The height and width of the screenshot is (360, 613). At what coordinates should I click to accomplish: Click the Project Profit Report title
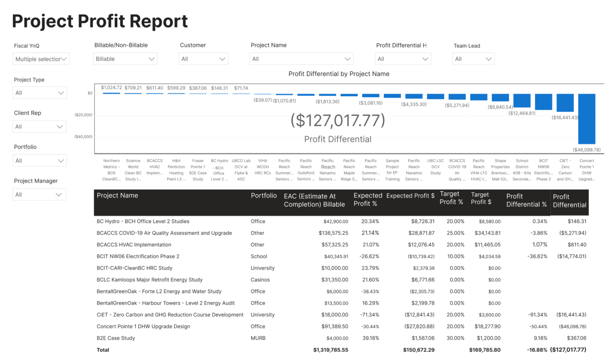pos(100,22)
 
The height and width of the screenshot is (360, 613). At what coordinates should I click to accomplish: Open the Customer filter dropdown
pos(203,59)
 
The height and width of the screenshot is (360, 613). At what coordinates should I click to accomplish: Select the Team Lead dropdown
pos(473,59)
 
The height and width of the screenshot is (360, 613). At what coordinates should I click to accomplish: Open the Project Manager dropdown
pos(39,195)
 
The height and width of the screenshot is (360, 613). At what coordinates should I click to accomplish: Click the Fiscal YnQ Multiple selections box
pos(41,59)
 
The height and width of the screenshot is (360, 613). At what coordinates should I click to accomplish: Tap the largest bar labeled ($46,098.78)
pos(587,119)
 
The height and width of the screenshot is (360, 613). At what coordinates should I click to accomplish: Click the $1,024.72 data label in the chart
pos(111,87)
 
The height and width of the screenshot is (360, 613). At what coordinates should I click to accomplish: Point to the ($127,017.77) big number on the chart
pos(338,120)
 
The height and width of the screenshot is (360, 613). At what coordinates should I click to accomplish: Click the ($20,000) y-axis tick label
pos(83,115)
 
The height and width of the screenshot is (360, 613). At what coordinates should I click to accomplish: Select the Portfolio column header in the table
pos(263,196)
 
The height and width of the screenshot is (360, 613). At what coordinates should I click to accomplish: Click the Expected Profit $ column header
pos(410,196)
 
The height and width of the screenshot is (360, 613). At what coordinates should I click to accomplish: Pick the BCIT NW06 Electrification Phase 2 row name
pos(138,257)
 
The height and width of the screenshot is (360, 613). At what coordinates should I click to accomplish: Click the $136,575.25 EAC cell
pos(333,233)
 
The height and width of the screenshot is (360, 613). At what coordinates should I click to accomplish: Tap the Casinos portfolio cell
pos(260,280)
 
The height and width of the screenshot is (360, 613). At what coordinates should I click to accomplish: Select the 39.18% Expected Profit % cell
pos(370,338)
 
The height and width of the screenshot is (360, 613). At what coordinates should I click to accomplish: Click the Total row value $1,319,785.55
pos(330,350)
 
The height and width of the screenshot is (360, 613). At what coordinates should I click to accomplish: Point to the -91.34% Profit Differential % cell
pos(537,315)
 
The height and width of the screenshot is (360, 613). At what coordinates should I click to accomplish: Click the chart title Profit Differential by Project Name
pos(339,74)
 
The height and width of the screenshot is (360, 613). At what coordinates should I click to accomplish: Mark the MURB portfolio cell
pos(258,338)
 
